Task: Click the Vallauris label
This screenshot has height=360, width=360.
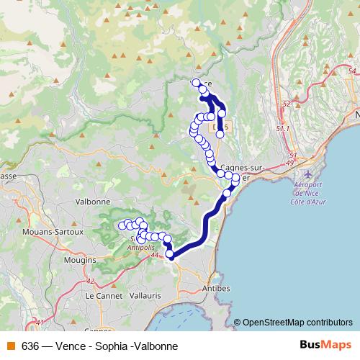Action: pos(147,295)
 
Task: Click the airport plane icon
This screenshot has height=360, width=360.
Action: pos(309,175)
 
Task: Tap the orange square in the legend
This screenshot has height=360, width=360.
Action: pos(10,346)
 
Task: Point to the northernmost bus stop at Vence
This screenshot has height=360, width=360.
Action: pos(196,82)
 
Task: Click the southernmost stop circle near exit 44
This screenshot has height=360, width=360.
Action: pos(170,253)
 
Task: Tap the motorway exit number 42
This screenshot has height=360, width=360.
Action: pos(89,281)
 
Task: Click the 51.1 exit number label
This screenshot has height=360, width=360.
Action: pos(283,128)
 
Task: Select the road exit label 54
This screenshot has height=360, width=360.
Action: pos(351,71)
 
